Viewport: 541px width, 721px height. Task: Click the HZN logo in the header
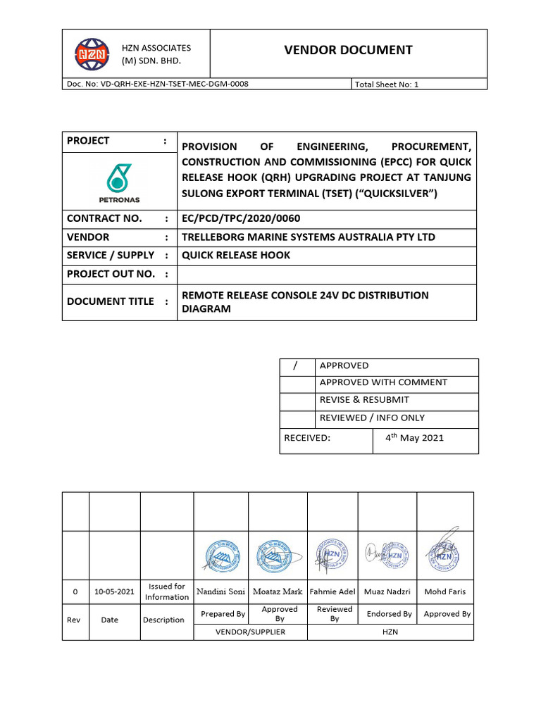92,54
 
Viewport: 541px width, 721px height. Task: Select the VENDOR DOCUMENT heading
348,49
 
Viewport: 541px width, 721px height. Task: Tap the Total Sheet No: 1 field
387,84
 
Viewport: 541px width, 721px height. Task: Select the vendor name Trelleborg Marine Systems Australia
309,237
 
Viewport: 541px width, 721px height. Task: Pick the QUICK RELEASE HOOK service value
236,255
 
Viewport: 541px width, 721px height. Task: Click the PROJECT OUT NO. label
111,273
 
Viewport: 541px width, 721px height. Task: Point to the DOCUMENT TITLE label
110,301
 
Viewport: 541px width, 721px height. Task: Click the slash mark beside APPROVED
296,365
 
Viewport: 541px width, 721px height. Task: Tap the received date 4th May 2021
414,437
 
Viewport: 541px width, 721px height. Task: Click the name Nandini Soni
220,591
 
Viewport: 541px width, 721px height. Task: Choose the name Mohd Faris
445,591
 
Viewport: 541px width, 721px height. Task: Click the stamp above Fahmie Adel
332,556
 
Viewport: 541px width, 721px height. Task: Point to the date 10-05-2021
114,592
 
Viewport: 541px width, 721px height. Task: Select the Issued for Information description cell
167,591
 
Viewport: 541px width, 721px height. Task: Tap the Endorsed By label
389,614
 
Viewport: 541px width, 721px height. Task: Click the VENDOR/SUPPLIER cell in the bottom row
250,632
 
